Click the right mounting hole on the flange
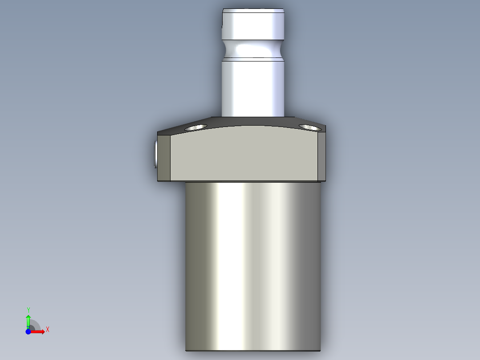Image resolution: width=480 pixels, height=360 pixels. click(310, 127)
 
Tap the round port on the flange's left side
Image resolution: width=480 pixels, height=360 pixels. click(155, 154)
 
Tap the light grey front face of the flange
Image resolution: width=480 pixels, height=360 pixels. click(244, 156)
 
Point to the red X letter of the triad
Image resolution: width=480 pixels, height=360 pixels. click(48, 330)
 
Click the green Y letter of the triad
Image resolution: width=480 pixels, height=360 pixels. click(28, 309)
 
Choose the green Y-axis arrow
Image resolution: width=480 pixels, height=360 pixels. click(28, 320)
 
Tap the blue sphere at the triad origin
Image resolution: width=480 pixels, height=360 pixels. click(28, 332)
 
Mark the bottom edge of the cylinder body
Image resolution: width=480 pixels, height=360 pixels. click(253, 351)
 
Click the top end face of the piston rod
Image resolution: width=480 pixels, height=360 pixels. click(253, 11)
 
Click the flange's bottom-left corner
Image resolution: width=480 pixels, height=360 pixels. click(159, 181)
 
